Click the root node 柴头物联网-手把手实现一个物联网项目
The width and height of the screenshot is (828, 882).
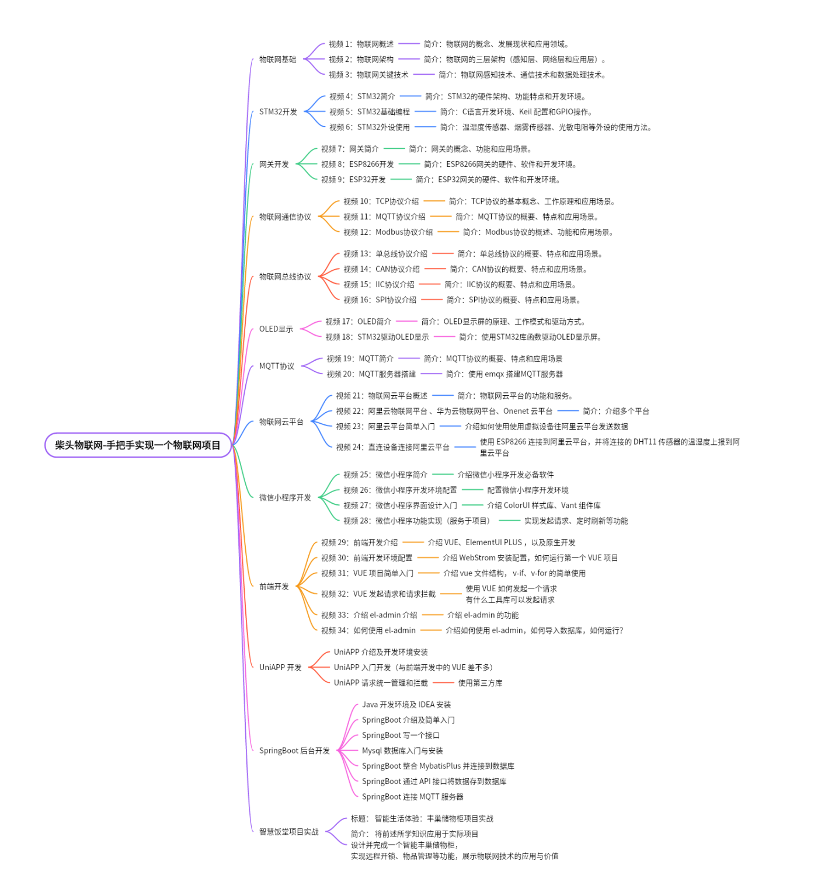[x=138, y=445]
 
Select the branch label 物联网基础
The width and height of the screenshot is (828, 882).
[x=278, y=60]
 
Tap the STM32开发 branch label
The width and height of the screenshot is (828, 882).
[x=278, y=112]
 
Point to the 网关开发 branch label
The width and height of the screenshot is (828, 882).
[x=274, y=165]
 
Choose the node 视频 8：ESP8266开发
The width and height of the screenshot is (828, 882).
[x=358, y=165]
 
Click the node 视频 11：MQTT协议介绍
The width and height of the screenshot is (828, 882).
[x=384, y=217]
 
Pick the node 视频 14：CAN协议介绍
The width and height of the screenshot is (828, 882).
[x=382, y=269]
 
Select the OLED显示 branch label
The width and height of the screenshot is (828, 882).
[x=276, y=329]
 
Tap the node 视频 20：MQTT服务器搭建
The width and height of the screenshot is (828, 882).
[x=371, y=374]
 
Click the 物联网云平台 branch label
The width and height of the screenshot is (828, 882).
[x=281, y=422]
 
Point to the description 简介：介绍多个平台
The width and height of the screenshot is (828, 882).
[x=616, y=412]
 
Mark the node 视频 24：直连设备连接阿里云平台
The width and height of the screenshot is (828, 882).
[x=393, y=447]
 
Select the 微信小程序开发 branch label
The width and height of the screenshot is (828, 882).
[x=286, y=497]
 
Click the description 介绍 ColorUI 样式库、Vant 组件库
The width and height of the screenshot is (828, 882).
[x=544, y=506]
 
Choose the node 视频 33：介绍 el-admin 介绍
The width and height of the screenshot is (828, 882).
[x=370, y=615]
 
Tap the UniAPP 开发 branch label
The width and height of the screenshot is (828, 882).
[x=280, y=668]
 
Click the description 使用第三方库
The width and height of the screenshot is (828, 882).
[x=481, y=683]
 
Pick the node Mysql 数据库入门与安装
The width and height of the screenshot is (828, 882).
[x=403, y=751]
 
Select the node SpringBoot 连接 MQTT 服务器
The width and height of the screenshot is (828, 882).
[x=413, y=797]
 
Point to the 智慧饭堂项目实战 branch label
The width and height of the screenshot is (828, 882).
[x=289, y=832]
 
